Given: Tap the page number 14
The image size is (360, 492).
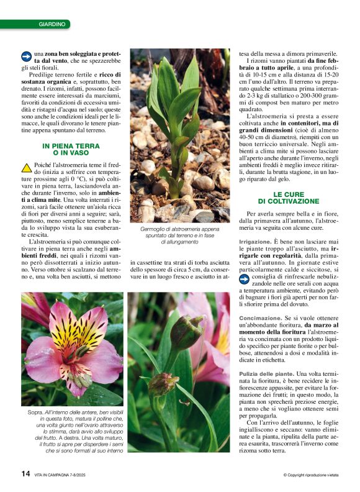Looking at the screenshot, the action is coord(25,473).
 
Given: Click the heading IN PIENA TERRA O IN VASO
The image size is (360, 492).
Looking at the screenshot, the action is coord(71,149).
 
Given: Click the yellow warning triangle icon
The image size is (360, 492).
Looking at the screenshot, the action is coord(27,167).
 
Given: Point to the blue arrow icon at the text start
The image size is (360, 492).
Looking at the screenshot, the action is coord(27,55).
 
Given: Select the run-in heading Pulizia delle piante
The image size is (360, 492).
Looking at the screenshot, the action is coord(266,373).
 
